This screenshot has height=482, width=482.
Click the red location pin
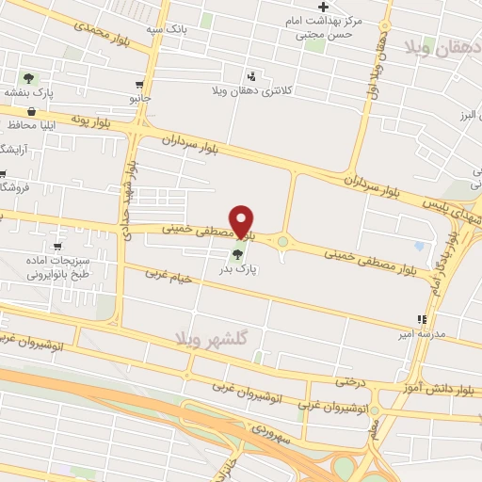242,220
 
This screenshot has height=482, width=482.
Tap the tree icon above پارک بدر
237,252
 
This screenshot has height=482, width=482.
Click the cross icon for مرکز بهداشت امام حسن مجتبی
323,7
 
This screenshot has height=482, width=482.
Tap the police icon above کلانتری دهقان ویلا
250,76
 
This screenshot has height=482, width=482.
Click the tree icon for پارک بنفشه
28,79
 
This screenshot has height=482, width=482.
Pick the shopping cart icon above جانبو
139,83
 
